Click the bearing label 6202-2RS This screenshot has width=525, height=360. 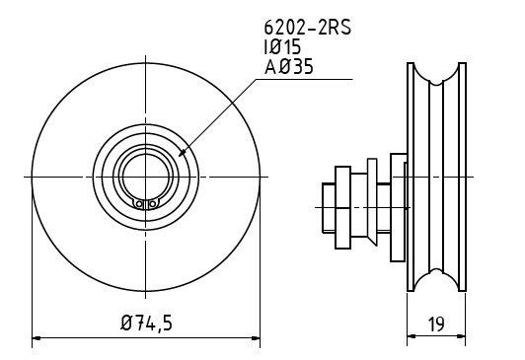[307, 27]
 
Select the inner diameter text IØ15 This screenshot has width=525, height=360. [282, 46]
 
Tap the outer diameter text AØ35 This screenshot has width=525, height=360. [288, 66]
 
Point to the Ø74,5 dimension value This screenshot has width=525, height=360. [146, 324]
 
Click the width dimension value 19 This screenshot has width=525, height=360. [436, 324]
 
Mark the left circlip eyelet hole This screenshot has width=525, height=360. [139, 203]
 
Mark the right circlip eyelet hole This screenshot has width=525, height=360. [152, 203]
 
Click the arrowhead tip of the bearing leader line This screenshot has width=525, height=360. [180, 156]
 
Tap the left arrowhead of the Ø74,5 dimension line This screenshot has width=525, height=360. [37, 338]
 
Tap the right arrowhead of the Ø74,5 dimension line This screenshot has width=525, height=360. [256, 338]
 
